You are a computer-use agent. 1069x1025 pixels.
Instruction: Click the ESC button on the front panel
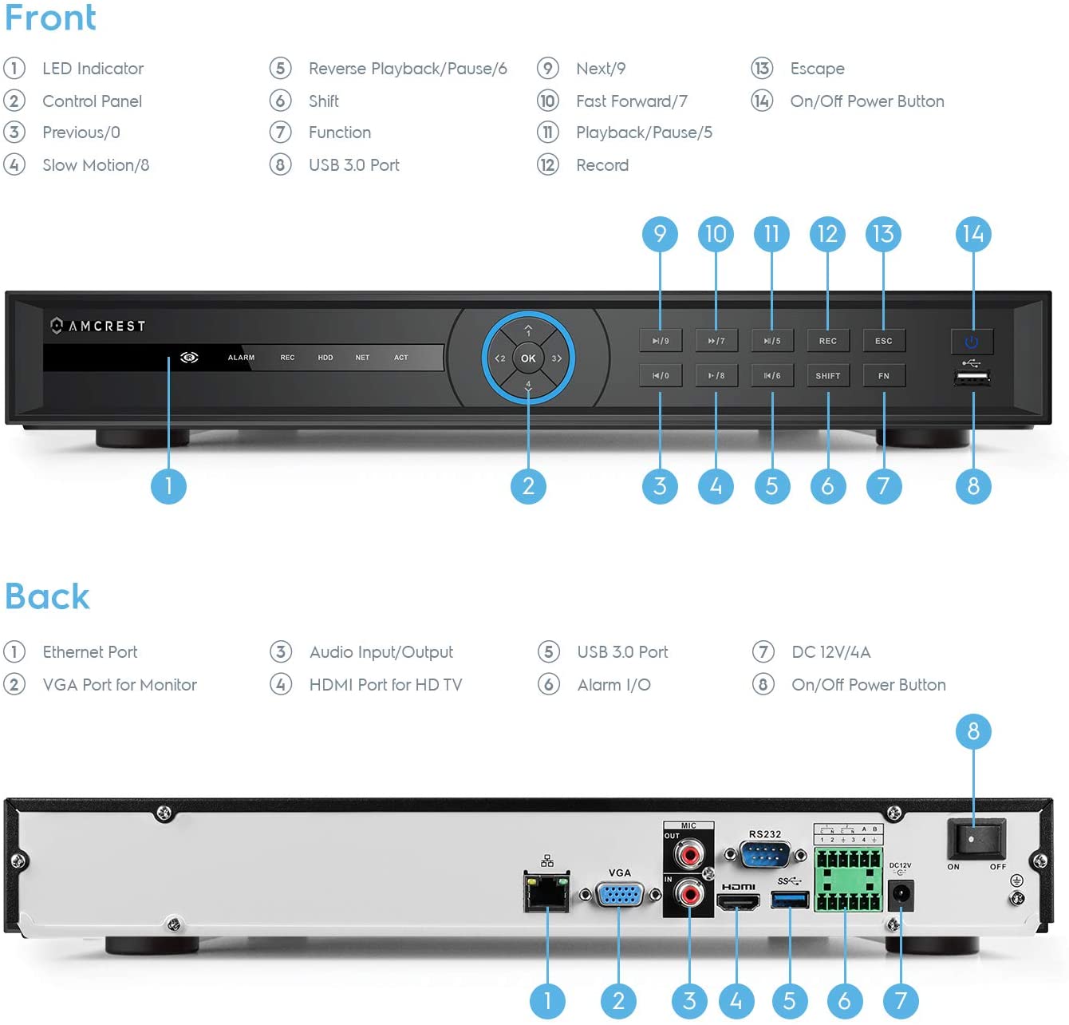(x=883, y=341)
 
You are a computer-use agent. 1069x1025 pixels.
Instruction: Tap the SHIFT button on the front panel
(x=827, y=375)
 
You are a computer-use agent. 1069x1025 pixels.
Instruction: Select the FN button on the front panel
(x=883, y=375)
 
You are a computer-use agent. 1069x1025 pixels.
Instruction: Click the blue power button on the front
(x=971, y=342)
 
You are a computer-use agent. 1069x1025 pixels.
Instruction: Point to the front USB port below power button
(x=972, y=378)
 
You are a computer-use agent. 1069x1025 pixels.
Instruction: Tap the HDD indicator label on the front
(x=325, y=358)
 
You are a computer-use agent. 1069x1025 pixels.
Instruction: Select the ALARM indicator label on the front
(x=241, y=358)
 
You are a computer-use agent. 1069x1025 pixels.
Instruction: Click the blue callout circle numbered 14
(x=972, y=234)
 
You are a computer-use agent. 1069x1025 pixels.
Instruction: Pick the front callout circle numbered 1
(x=168, y=485)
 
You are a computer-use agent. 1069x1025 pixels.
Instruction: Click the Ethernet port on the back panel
(x=546, y=892)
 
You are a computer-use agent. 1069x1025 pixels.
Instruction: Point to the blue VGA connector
(x=620, y=895)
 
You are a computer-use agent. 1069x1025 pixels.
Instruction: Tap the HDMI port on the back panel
(x=737, y=902)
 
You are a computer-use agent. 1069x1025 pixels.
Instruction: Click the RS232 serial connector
(x=764, y=855)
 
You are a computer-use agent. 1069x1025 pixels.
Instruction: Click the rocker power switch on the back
(x=976, y=839)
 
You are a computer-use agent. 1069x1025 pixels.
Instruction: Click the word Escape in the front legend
(x=817, y=69)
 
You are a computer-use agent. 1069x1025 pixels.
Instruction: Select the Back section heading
(x=47, y=596)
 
